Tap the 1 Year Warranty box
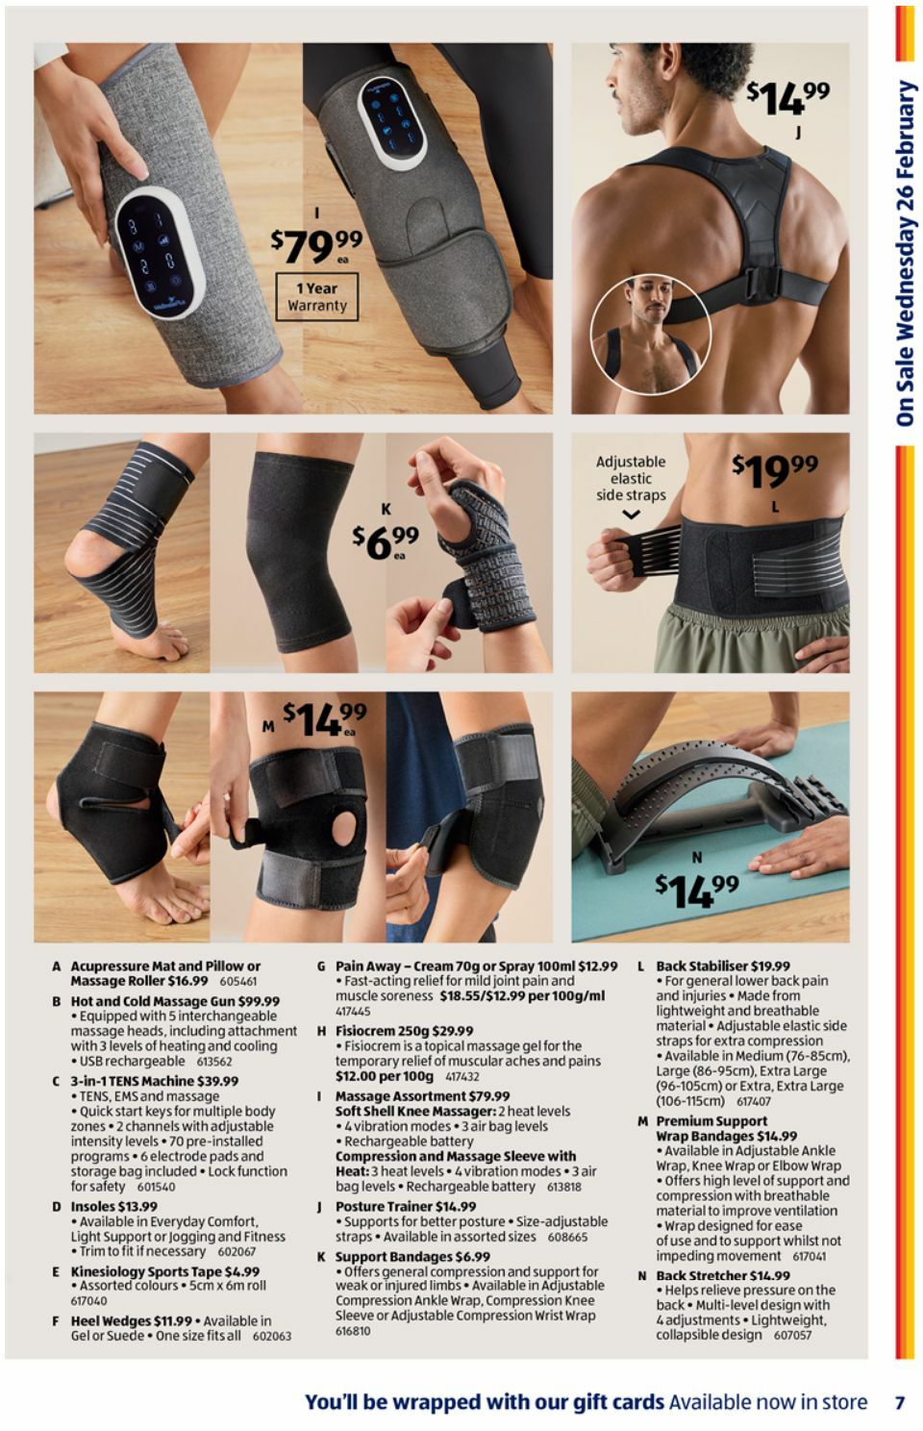[x=316, y=296]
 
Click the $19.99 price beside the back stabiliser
[x=774, y=470]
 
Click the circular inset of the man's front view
[x=650, y=334]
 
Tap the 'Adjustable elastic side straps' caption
[x=631, y=478]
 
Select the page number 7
[x=899, y=1402]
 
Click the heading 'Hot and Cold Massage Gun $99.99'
[x=175, y=1001]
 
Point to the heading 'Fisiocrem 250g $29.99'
[x=404, y=1030]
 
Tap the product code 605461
[x=238, y=982]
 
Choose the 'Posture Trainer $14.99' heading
[x=405, y=1206]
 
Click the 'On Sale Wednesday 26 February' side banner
[x=905, y=253]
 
